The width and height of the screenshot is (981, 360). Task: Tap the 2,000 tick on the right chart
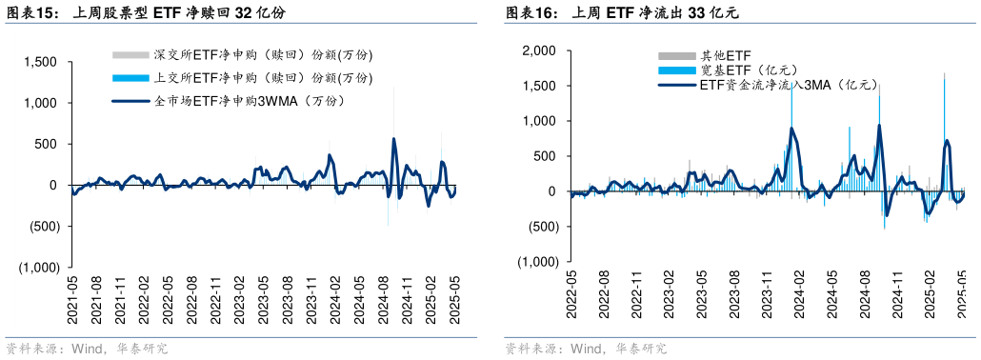point(539,50)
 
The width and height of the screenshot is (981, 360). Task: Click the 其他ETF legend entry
point(706,56)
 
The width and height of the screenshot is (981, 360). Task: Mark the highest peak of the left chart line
point(394,139)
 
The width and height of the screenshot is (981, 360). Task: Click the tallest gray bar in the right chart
point(944,73)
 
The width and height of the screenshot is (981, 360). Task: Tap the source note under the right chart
point(585,350)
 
